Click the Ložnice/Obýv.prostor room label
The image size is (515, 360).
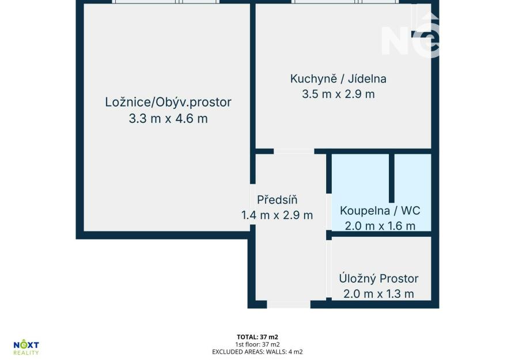[168, 102]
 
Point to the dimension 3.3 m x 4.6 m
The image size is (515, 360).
[168, 118]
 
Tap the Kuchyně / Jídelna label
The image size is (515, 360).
[338, 79]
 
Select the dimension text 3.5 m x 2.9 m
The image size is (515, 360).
[338, 94]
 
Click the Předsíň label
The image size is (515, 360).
[277, 199]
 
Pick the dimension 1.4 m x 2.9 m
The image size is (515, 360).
[277, 215]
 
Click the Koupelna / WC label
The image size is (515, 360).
[380, 211]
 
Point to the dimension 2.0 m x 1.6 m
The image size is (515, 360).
[380, 226]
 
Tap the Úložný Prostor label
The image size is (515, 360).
[378, 279]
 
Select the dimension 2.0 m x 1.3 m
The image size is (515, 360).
[378, 294]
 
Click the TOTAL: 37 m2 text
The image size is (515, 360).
[257, 337]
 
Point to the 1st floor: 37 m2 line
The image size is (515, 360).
[257, 344]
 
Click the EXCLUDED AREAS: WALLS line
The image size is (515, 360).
[257, 352]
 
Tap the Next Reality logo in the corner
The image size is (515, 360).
[26, 347]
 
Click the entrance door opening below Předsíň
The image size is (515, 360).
[289, 304]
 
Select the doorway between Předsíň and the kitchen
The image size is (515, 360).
[294, 151]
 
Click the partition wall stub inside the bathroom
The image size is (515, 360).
[392, 178]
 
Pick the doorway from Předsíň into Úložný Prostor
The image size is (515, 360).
[329, 270]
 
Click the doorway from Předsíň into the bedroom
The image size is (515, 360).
[252, 204]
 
